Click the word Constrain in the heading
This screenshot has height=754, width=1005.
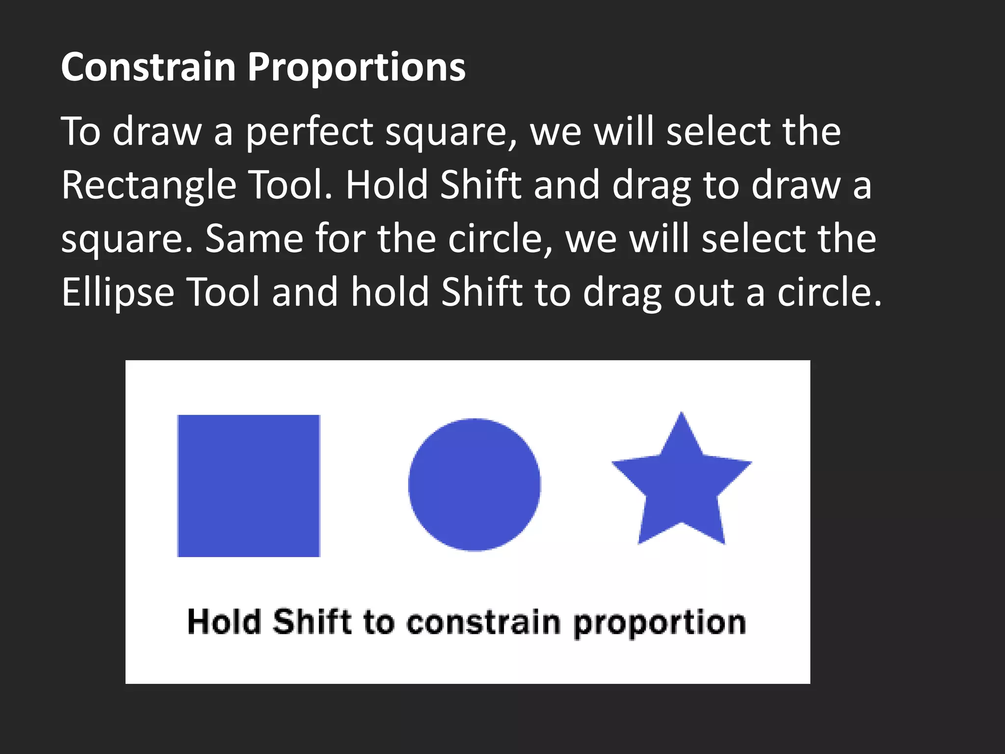coord(148,67)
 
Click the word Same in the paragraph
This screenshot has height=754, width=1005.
coord(254,239)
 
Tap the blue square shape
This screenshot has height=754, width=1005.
coord(249,485)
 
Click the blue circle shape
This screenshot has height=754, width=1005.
coord(474,485)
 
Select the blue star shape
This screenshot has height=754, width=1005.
coord(682,486)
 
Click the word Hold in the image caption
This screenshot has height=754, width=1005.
coord(224,622)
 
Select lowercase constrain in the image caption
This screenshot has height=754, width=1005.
coord(483,622)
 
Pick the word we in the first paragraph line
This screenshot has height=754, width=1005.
coord(555,133)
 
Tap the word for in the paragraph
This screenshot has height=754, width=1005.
coord(340,239)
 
